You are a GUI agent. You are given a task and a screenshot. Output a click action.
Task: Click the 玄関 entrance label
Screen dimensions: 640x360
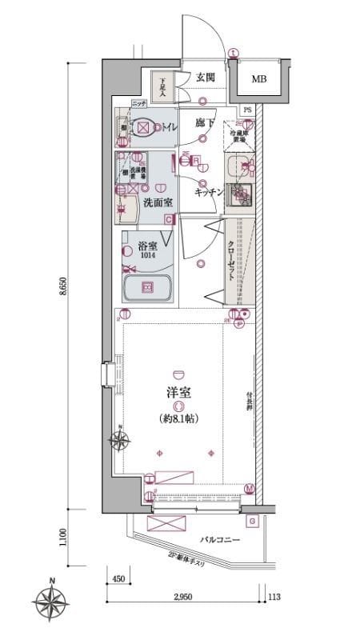(x=205, y=77)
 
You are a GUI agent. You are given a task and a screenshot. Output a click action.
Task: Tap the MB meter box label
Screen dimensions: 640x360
(x=260, y=78)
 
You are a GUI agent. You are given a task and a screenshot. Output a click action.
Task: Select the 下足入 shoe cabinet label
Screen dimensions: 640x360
(x=162, y=86)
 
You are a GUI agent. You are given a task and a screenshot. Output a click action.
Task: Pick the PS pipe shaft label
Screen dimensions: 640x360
(x=247, y=110)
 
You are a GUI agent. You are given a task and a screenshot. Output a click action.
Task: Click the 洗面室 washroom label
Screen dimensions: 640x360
(x=158, y=202)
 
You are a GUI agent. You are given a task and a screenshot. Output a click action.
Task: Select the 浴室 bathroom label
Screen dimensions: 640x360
(x=146, y=246)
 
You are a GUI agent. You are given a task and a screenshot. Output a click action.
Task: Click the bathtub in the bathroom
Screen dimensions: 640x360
(x=148, y=288)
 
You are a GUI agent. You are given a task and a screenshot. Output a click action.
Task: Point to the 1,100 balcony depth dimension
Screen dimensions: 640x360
(x=63, y=534)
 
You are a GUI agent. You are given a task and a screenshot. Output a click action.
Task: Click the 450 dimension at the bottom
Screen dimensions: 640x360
(x=118, y=578)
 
